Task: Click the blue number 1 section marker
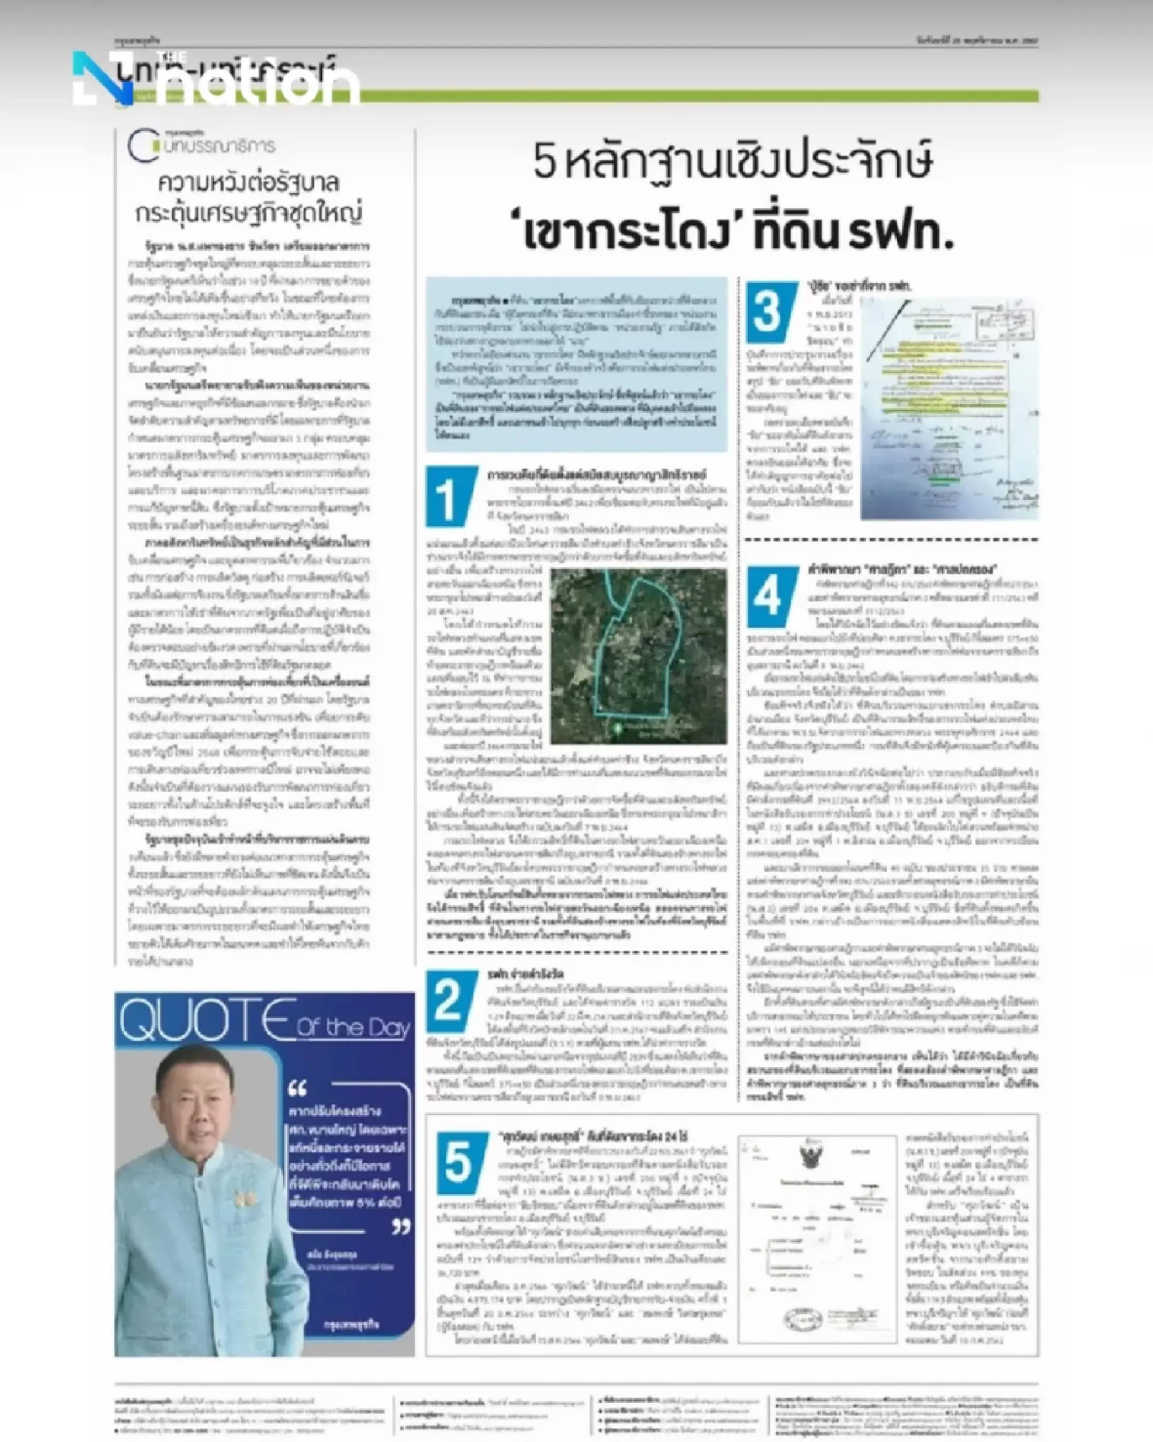(450, 497)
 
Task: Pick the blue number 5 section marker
(460, 1162)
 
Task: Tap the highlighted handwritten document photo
(949, 408)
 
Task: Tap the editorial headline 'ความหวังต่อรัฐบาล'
(249, 183)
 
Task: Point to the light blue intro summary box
(576, 364)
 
